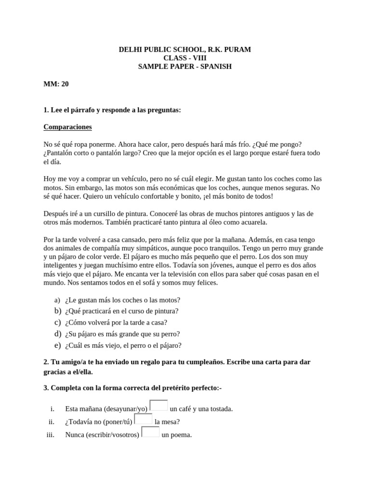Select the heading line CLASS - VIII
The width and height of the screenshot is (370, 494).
point(185,58)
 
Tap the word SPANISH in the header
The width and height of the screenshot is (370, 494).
point(214,67)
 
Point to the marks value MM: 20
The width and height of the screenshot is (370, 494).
point(56,84)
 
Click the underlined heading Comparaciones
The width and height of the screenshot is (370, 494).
point(67,127)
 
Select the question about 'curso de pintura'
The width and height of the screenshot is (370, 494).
point(122,311)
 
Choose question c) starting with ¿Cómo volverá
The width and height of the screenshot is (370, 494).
point(116,323)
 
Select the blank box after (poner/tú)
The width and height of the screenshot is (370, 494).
point(143,419)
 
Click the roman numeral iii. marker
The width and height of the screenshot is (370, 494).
point(50,435)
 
